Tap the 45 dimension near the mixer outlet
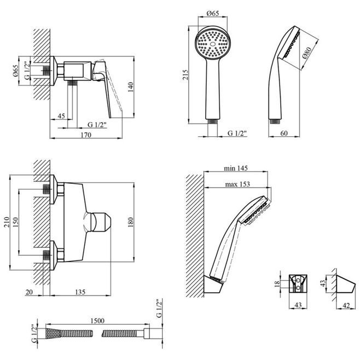(x=61, y=116)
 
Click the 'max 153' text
(x=236, y=184)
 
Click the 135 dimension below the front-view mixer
(x=80, y=292)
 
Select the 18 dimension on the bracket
(x=278, y=284)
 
